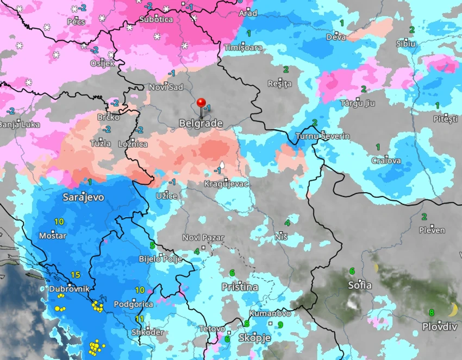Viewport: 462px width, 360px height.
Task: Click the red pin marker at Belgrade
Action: (201, 103)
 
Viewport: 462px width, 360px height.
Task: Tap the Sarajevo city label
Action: (84, 197)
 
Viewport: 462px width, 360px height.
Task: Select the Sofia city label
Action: (360, 285)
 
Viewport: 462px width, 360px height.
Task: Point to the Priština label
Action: (240, 286)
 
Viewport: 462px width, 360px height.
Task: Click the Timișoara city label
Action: (243, 48)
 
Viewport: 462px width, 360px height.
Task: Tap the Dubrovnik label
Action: (68, 289)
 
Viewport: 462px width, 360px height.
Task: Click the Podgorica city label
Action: (134, 304)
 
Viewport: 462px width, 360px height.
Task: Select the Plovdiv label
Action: (440, 326)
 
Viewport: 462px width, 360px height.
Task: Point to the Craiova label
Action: (386, 161)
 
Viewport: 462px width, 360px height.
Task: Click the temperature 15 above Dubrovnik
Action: (76, 275)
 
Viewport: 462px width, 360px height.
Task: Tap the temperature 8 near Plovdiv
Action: (432, 312)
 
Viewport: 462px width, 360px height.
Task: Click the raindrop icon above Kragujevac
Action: (222, 165)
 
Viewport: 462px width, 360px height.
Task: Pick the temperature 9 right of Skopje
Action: (280, 325)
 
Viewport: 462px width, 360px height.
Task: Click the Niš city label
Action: (281, 237)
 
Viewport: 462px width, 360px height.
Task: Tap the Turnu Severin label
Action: (323, 136)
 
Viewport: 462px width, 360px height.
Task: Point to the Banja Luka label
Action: (20, 124)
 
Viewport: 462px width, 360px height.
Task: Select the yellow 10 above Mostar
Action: (59, 222)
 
